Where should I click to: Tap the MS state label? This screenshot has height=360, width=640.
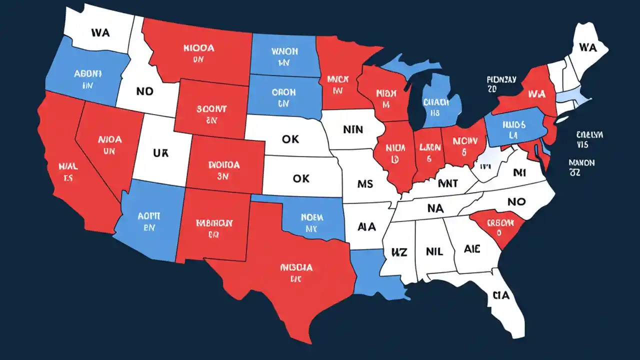click(x=365, y=184)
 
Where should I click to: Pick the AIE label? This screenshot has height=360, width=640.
click(x=472, y=249)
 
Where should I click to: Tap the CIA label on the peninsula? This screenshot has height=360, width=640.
click(x=500, y=295)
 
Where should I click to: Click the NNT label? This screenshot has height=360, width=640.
click(x=447, y=184)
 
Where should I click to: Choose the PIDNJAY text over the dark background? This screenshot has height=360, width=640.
click(x=502, y=79)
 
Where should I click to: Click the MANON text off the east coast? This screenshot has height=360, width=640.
click(x=581, y=163)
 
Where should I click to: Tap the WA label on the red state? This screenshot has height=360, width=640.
click(x=535, y=93)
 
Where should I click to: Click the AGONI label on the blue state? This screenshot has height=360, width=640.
click(x=87, y=74)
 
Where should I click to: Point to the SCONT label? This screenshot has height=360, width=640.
click(x=211, y=108)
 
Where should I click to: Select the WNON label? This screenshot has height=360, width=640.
click(x=284, y=51)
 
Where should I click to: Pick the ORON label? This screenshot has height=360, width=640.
click(x=283, y=92)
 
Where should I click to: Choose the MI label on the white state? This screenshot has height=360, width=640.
click(x=520, y=173)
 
